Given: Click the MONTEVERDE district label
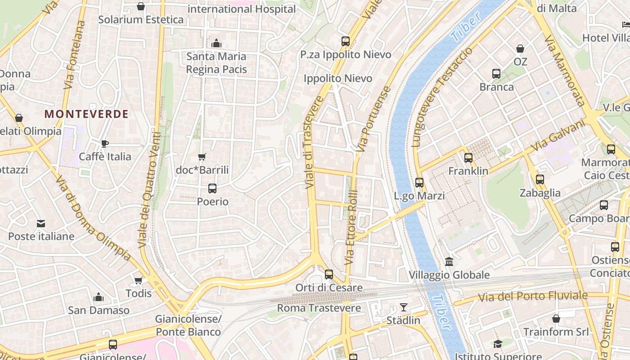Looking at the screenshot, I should pyautogui.click(x=87, y=114).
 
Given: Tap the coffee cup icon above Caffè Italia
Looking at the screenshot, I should pyautogui.click(x=105, y=144).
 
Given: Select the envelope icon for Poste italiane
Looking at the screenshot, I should pyautogui.click(x=41, y=223).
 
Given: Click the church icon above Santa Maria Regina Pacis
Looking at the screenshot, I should pyautogui.click(x=216, y=43).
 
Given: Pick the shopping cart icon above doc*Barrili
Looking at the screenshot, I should pyautogui.click(x=202, y=157).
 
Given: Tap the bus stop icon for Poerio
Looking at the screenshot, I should pyautogui.click(x=212, y=189).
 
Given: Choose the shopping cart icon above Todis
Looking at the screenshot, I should pyautogui.click(x=139, y=280).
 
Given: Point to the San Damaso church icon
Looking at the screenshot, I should pyautogui.click(x=99, y=297).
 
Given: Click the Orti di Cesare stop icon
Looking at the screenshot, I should pyautogui.click(x=329, y=274).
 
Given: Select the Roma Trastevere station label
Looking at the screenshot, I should pyautogui.click(x=319, y=308).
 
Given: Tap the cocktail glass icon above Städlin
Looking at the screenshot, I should pyautogui.click(x=403, y=307).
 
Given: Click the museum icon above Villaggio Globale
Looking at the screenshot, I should pyautogui.click(x=449, y=261).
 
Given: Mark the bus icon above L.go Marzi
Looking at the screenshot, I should pyautogui.click(x=419, y=183).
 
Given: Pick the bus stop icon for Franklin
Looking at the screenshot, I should pyautogui.click(x=468, y=158).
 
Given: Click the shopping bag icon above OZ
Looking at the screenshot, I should pyautogui.click(x=520, y=48).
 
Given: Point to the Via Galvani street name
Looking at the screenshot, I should pyautogui.click(x=558, y=135).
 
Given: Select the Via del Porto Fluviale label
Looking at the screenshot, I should pyautogui.click(x=533, y=296).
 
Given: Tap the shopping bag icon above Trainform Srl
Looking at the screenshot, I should pyautogui.click(x=556, y=319).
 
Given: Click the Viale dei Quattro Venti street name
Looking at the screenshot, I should pyautogui.click(x=149, y=190).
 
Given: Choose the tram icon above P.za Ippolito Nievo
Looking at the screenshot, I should pyautogui.click(x=346, y=41).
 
